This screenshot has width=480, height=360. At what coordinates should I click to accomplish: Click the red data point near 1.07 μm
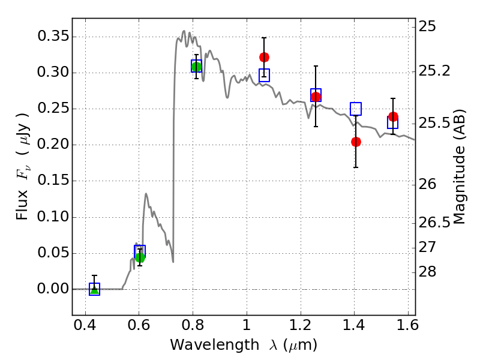point(264,57)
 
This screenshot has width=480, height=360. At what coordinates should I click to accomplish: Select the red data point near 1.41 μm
point(356,142)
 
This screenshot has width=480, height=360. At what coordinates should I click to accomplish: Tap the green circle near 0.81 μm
point(196,67)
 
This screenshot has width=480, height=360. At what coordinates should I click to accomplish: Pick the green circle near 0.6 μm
point(140,257)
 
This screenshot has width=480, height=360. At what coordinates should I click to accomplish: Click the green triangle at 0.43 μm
point(94,289)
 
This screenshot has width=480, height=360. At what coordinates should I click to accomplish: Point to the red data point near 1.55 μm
point(393,116)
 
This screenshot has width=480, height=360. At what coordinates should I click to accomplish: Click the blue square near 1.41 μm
point(356,109)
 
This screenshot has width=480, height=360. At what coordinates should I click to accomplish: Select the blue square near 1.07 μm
point(264,75)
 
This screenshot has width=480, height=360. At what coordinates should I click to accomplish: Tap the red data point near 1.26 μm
point(316,97)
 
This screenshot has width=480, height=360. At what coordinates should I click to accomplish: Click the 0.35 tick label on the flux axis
point(52,37)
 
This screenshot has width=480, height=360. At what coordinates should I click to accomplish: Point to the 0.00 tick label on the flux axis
point(52,289)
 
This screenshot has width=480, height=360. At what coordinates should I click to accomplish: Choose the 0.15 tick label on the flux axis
point(52,181)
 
